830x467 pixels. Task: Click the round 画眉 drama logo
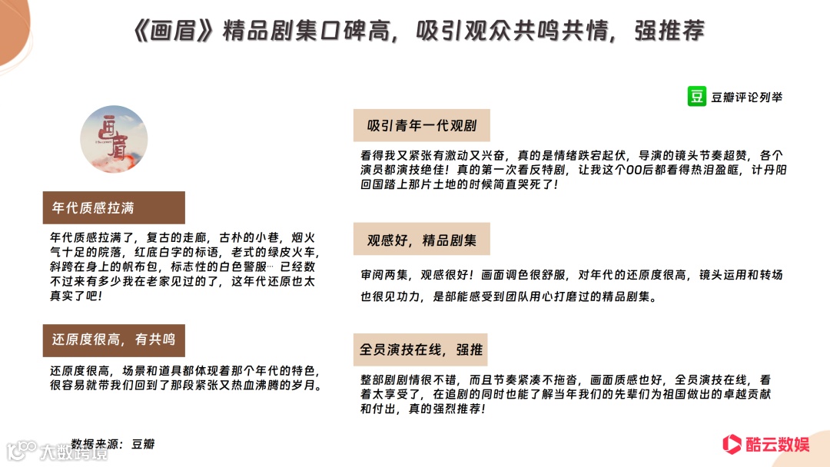coord(114,139)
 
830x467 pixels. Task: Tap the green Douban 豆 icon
coord(697,97)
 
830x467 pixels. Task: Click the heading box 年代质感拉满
coord(114,207)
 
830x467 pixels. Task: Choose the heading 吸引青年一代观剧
coord(421,125)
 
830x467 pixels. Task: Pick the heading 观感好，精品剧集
coord(421,240)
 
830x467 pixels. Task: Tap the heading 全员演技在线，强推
coord(421,349)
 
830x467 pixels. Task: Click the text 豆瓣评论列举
coord(747,98)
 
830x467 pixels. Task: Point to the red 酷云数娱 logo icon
coord(731,444)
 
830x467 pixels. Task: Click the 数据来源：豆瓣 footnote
coord(112,444)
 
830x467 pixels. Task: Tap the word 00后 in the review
coord(552,170)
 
